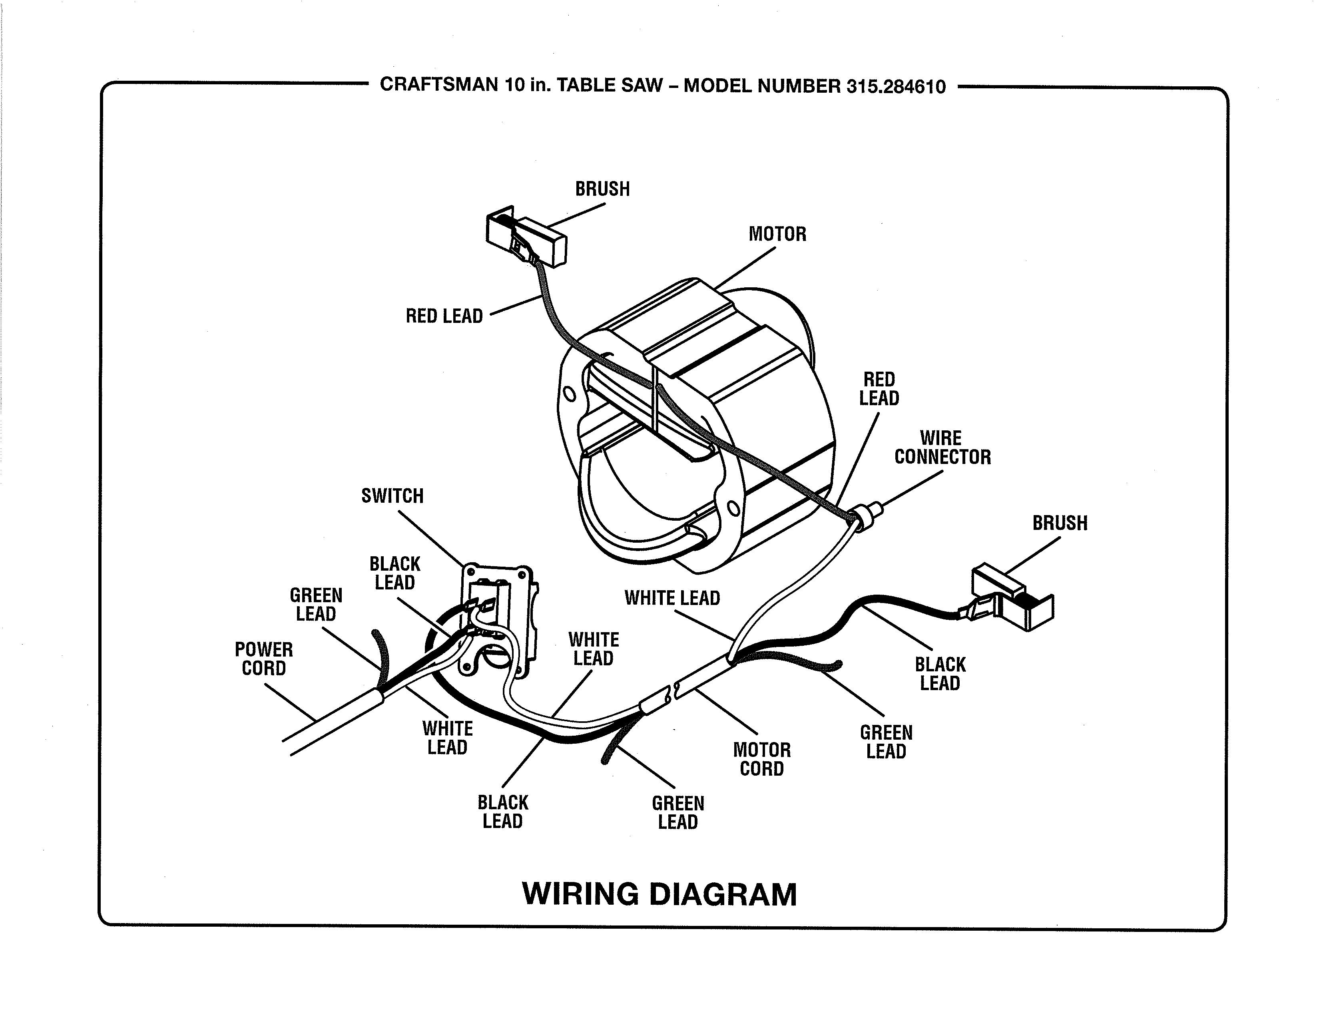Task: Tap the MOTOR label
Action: point(777,234)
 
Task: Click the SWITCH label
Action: point(393,496)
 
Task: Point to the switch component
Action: point(498,619)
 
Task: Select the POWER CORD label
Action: point(264,659)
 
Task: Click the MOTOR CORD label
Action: point(761,759)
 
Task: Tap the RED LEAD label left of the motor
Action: point(444,316)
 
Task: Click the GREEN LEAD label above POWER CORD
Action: point(316,604)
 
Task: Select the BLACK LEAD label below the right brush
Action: point(940,674)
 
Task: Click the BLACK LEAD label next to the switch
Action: point(395,573)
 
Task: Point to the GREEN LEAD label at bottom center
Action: point(677,812)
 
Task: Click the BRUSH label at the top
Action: point(602,189)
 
